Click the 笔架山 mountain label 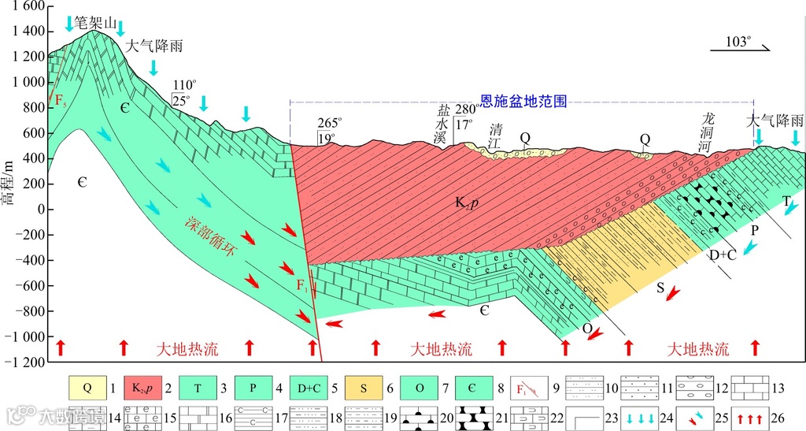95,24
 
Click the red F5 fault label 59,100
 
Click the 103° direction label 738,42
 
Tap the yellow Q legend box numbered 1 87,387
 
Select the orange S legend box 363,387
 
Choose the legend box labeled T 198,387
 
